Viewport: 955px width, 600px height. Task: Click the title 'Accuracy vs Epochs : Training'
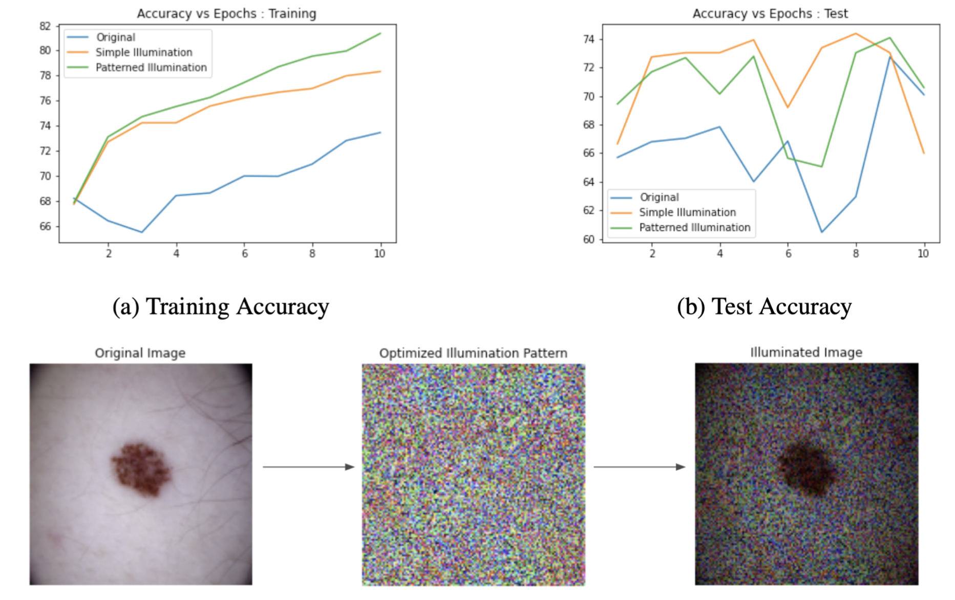226,13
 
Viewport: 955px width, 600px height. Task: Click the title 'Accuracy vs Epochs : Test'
770,13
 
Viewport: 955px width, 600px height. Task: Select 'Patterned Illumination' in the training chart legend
151,68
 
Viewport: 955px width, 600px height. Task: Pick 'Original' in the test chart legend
659,198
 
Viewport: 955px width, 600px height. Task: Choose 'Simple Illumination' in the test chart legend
687,212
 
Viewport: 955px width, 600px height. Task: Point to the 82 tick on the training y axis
45,26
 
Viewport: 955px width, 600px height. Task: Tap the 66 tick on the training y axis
45,226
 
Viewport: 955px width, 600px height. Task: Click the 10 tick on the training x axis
379,254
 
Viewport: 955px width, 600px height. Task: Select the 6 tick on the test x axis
788,254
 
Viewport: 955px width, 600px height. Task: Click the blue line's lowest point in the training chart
142,232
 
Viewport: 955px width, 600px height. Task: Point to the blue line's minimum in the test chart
822,232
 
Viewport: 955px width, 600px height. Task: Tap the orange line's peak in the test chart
855,34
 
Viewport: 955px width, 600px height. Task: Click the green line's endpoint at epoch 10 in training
380,33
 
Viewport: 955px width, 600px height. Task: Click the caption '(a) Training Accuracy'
221,307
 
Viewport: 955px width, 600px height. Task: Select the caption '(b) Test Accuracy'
764,307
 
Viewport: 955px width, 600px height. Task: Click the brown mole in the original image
141,468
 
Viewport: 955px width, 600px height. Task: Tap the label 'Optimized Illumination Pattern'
473,353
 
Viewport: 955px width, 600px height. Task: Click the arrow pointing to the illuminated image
639,467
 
